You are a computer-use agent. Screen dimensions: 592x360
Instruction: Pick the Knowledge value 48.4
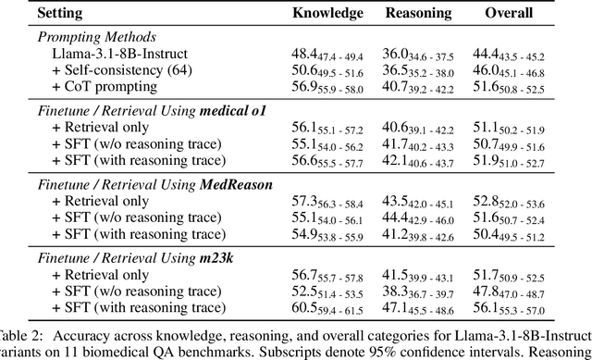click(x=302, y=55)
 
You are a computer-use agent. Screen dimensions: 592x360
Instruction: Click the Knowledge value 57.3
click(x=302, y=201)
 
